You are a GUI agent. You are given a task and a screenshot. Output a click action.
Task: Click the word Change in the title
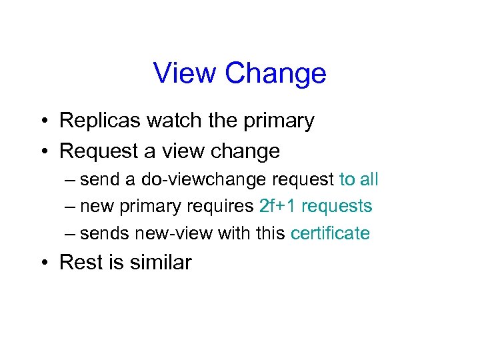(275, 73)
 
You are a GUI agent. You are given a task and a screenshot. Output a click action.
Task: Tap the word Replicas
(100, 121)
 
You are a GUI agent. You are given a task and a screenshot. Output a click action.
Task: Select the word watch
(175, 121)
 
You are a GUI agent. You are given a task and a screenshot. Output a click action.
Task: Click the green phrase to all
(359, 179)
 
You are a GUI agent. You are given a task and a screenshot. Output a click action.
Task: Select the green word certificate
(331, 233)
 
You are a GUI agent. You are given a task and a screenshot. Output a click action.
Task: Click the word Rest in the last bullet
(80, 263)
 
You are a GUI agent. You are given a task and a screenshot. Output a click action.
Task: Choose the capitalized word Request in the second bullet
(98, 153)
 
